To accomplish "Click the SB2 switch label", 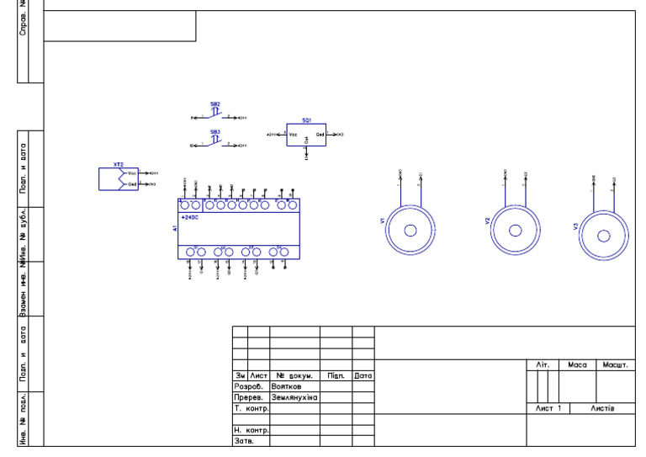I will [215, 104].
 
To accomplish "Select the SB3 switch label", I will [215, 132].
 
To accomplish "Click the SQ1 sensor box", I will [305, 135].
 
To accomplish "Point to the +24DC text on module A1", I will [189, 217].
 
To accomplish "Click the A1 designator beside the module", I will [175, 228].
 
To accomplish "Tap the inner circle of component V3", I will [605, 235].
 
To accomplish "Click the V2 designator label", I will [487, 221].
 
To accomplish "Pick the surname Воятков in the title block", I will [286, 386].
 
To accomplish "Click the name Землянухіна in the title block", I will [294, 397].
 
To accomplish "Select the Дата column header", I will [363, 375].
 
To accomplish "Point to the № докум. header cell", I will [294, 375].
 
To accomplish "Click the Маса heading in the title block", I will [577, 365].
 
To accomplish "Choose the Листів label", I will [601, 408].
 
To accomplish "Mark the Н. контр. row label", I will [251, 430].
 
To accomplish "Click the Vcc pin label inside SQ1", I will [293, 135].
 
